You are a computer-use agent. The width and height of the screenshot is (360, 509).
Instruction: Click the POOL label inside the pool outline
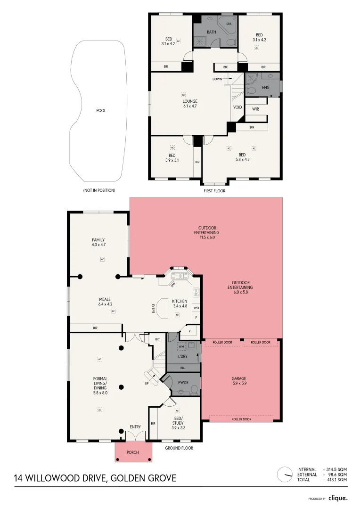tap(101, 111)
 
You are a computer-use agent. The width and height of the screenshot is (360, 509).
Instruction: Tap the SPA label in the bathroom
tap(229, 24)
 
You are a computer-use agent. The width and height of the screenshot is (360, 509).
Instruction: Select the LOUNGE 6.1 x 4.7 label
tap(190, 104)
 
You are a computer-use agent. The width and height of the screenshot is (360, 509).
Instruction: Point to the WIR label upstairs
tap(256, 109)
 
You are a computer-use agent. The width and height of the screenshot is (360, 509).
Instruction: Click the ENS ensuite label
tap(266, 88)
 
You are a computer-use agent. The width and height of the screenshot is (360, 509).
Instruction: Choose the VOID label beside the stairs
tap(237, 107)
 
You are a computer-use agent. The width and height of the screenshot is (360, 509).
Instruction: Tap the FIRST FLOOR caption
tap(214, 191)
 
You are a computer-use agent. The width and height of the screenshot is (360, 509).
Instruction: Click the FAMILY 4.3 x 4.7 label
tap(98, 243)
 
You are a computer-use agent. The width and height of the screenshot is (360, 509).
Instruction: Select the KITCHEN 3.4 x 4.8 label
tap(180, 304)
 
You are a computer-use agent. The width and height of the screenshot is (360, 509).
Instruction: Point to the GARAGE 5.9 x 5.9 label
tap(239, 381)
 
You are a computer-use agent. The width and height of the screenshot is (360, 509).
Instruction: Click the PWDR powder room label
tap(183, 383)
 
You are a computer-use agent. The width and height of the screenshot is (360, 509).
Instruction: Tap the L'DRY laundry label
tap(183, 356)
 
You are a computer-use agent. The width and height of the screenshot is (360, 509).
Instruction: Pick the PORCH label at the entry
tap(133, 452)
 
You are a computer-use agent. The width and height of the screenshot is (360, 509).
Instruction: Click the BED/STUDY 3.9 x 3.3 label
tap(178, 423)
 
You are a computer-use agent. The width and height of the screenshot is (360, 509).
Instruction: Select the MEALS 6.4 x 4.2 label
tap(105, 302)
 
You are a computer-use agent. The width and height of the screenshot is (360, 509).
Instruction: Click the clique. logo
tap(338, 498)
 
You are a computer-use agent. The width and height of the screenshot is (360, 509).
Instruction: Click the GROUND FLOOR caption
tap(179, 448)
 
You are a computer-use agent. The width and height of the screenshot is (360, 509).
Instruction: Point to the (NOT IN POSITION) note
tap(99, 190)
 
